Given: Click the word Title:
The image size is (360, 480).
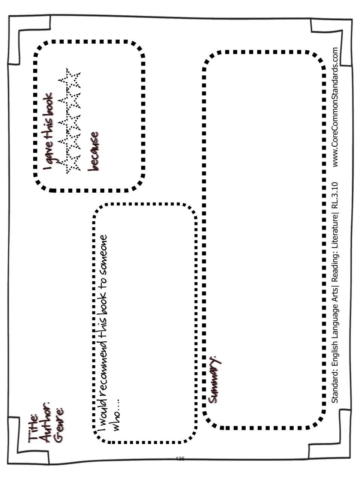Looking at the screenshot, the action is (33, 429).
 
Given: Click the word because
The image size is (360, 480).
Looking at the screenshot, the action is (93, 151).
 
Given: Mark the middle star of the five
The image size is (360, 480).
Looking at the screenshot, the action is (69, 122).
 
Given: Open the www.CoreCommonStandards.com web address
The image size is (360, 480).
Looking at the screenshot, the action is (335, 107).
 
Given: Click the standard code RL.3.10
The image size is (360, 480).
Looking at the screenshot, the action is (335, 195).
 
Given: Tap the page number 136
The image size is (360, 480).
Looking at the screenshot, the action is (180, 458).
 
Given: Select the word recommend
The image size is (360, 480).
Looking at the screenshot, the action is (103, 368).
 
